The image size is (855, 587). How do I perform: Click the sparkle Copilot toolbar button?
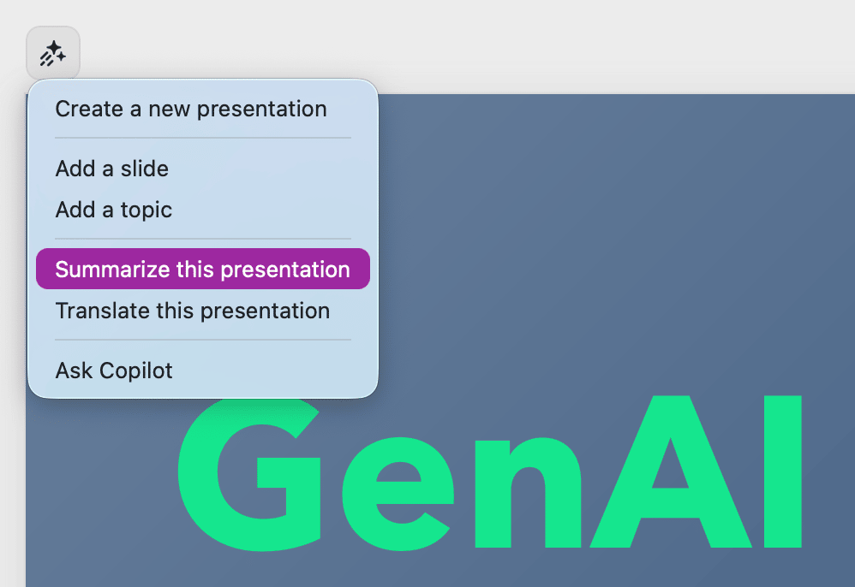click(x=53, y=53)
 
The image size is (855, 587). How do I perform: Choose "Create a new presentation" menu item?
click(x=191, y=109)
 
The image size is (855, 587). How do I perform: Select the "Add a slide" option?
click(x=111, y=169)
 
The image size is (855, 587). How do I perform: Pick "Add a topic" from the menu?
click(x=113, y=210)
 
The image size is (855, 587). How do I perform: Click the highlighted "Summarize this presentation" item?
click(x=203, y=269)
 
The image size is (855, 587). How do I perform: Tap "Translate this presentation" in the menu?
click(x=193, y=311)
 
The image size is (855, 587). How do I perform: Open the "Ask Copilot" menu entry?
click(x=114, y=371)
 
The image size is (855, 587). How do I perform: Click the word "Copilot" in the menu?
click(x=135, y=371)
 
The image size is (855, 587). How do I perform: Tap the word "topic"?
click(x=146, y=210)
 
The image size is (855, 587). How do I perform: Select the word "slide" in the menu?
click(x=145, y=169)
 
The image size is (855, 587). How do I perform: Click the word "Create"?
click(x=89, y=109)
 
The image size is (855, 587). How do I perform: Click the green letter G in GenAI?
click(x=249, y=474)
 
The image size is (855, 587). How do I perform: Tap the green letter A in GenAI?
click(x=672, y=471)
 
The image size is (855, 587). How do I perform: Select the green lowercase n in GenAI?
click(x=528, y=492)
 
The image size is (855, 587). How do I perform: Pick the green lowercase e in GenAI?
click(x=398, y=494)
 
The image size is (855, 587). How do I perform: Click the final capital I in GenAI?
click(x=783, y=471)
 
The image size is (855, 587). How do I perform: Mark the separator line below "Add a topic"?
click(x=203, y=239)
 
